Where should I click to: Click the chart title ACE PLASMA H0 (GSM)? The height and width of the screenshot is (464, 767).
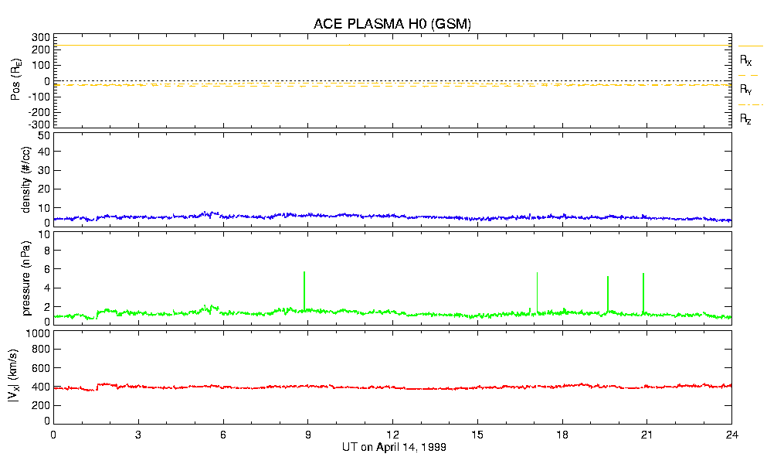tap(392, 24)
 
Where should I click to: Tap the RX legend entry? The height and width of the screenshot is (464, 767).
tap(746, 60)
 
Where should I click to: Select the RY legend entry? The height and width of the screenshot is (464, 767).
tap(746, 90)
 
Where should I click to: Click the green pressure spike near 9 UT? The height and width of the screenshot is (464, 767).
tap(305, 290)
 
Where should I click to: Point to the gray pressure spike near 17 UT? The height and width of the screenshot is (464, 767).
tap(538, 291)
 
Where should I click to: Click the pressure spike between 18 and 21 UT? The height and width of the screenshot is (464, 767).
tap(608, 293)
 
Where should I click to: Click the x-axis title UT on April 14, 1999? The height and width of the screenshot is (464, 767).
tap(394, 448)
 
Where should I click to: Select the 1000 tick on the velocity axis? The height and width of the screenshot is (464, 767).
tap(38, 333)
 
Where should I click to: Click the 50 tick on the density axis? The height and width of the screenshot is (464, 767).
tap(43, 135)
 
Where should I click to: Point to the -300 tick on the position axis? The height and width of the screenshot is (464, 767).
tap(39, 124)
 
